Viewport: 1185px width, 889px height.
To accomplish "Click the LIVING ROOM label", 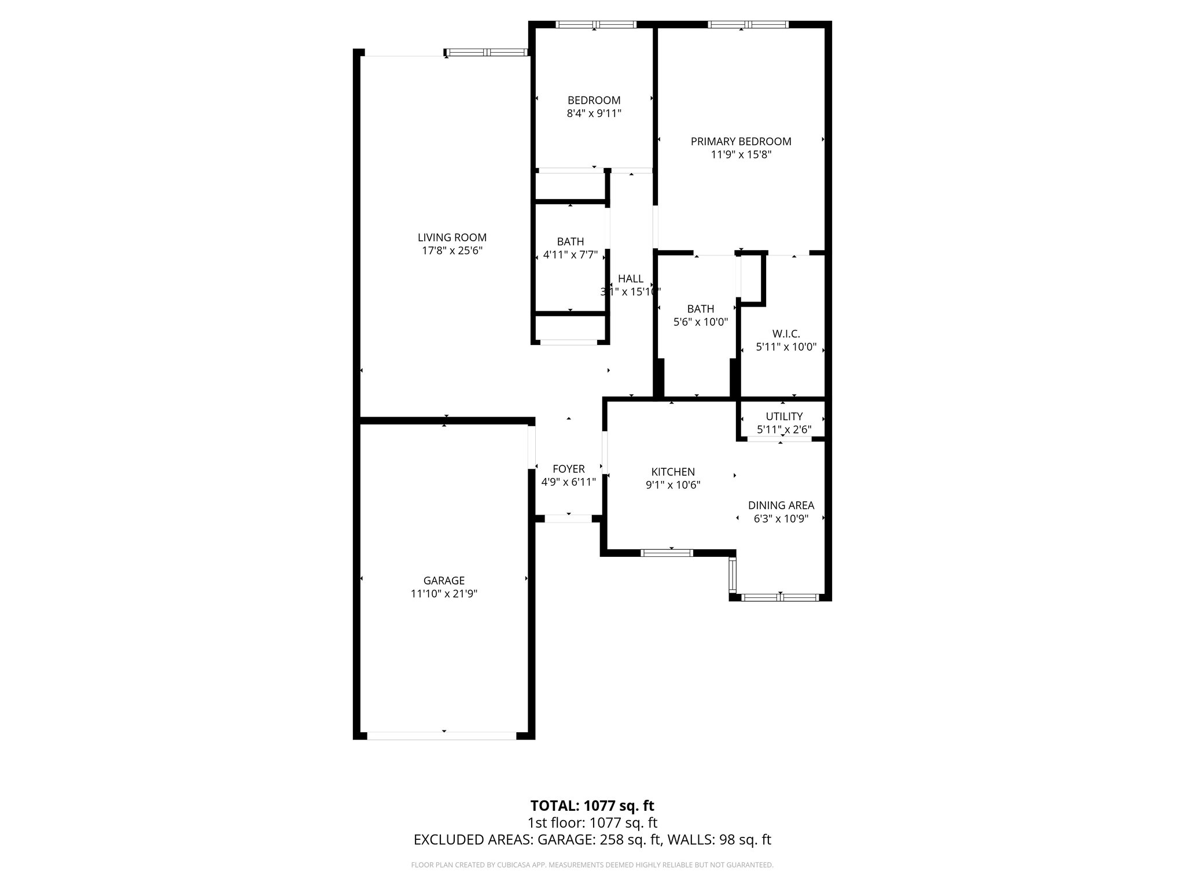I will [452, 237].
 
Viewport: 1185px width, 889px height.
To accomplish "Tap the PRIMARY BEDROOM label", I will [741, 141].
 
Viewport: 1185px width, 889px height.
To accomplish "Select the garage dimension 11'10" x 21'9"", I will [444, 594].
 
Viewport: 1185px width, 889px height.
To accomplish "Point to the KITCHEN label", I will [673, 472].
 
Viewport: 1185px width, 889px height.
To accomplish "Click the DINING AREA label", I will [781, 505].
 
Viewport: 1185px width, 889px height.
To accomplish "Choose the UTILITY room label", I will [784, 416].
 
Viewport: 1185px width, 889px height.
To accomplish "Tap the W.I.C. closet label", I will [786, 334].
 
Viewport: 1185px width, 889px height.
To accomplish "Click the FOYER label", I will [568, 469].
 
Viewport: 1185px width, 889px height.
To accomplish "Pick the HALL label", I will [630, 278].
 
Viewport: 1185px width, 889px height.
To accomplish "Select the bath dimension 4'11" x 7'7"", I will [570, 255].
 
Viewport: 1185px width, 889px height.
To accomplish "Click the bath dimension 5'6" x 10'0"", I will [701, 322].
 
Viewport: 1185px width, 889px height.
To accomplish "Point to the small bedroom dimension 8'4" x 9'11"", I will [594, 113].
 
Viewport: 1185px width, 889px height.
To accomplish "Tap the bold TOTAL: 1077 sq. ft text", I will [592, 806].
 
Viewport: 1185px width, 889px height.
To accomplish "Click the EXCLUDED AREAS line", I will [592, 840].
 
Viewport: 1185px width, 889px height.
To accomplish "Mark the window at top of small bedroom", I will [596, 24].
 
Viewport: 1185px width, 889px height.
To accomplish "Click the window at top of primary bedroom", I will [748, 24].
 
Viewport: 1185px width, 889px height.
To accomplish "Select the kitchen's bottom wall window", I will [667, 553].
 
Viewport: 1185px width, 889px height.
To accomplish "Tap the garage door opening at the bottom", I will [441, 736].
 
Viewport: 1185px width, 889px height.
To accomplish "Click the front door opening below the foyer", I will [568, 519].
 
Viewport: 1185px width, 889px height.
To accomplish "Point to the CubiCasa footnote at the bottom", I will [592, 865].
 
